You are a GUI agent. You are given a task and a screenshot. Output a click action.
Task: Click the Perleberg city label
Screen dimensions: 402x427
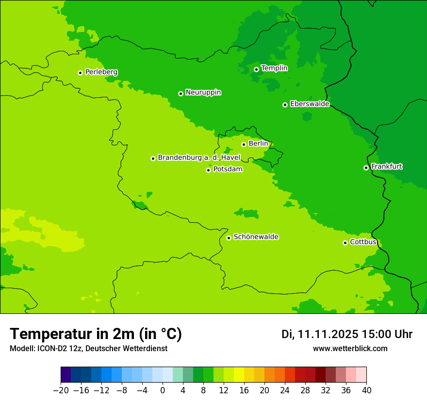coord(101,72)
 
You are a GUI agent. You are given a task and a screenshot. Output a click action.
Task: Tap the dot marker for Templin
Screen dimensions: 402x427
coord(256,69)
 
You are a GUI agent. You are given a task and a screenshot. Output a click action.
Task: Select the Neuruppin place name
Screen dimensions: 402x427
coord(203,93)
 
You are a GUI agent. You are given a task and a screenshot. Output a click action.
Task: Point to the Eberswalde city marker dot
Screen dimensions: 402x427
coord(285,105)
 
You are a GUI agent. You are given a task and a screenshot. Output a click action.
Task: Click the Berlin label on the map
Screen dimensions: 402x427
coord(258,144)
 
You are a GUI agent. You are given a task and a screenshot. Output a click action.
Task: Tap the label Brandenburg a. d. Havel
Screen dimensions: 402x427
coord(199,158)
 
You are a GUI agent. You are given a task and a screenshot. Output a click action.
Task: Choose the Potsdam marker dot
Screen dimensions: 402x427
coord(208,170)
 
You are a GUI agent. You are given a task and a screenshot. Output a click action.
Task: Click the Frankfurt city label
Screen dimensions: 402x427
coord(386,167)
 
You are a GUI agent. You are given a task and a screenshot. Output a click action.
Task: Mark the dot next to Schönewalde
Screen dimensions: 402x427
coord(229,238)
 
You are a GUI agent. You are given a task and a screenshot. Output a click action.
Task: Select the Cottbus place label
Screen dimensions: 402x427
coord(363,242)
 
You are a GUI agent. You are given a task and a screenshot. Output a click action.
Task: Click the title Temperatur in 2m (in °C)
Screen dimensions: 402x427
coord(96,334)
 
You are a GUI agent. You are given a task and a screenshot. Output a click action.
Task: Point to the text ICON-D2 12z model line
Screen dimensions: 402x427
coord(88,349)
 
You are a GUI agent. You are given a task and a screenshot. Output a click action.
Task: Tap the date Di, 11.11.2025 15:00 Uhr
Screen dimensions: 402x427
coord(347,334)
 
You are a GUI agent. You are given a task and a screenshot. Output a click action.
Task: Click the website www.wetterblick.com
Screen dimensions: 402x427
coord(350,349)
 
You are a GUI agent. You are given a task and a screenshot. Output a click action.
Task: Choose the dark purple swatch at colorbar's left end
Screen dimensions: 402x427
coord(66,375)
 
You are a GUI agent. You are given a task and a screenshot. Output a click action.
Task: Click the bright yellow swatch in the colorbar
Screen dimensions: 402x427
coord(239,375)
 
